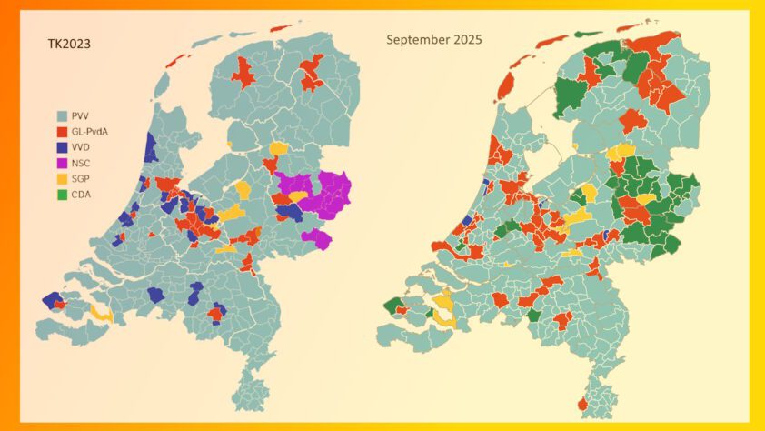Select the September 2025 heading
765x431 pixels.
point(434,40)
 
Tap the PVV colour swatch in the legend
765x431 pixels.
point(62,116)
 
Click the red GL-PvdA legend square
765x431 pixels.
point(62,132)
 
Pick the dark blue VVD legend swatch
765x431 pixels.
point(62,147)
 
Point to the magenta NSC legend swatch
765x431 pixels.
point(62,163)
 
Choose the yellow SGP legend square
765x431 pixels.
point(62,178)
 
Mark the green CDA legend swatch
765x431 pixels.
point(62,194)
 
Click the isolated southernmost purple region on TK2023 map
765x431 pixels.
point(317,239)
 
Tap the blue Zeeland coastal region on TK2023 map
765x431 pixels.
point(52,300)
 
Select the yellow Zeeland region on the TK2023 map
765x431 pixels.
point(102,314)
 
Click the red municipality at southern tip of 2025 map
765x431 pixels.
point(581,404)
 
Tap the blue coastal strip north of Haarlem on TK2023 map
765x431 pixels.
point(148,145)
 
